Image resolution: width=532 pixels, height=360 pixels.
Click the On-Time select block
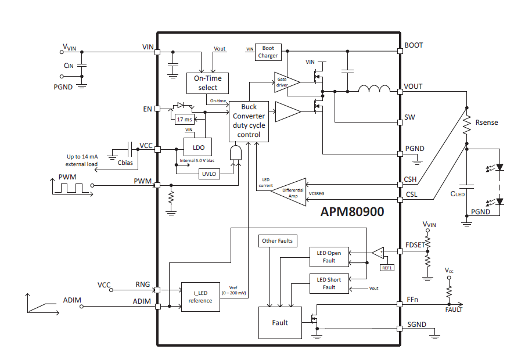click(207, 83)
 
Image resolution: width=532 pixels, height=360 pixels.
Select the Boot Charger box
click(268, 52)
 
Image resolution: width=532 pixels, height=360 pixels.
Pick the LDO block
click(197, 148)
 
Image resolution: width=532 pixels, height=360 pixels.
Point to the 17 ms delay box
click(184, 119)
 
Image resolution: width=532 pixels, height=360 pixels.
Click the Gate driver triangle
click(286, 82)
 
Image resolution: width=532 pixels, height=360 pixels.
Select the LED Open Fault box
click(329, 257)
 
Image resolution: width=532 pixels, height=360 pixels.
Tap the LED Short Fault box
click(329, 283)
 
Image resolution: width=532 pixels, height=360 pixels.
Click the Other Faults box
click(278, 240)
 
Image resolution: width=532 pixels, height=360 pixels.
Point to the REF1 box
click(386, 268)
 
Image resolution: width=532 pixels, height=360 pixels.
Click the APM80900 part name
click(352, 213)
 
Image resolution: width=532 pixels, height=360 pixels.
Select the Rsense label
click(486, 123)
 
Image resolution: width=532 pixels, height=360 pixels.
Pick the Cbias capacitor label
click(125, 163)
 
